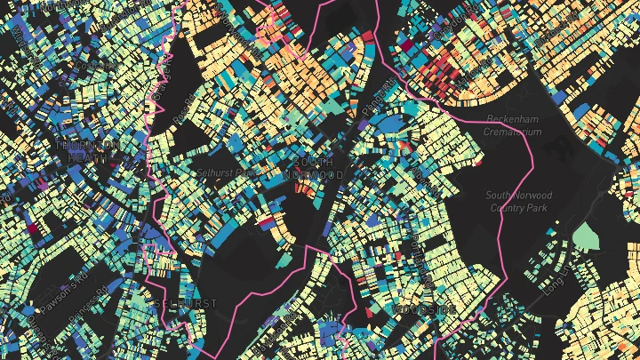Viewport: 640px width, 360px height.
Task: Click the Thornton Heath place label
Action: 86,151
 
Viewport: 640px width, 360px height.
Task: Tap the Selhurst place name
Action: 185,303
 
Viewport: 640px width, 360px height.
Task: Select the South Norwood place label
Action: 311,169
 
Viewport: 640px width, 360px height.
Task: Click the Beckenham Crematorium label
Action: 513,125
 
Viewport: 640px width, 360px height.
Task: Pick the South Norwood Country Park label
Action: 520,201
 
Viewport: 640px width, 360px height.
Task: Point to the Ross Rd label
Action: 183,114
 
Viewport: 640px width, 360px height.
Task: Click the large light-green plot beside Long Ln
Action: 586,235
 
